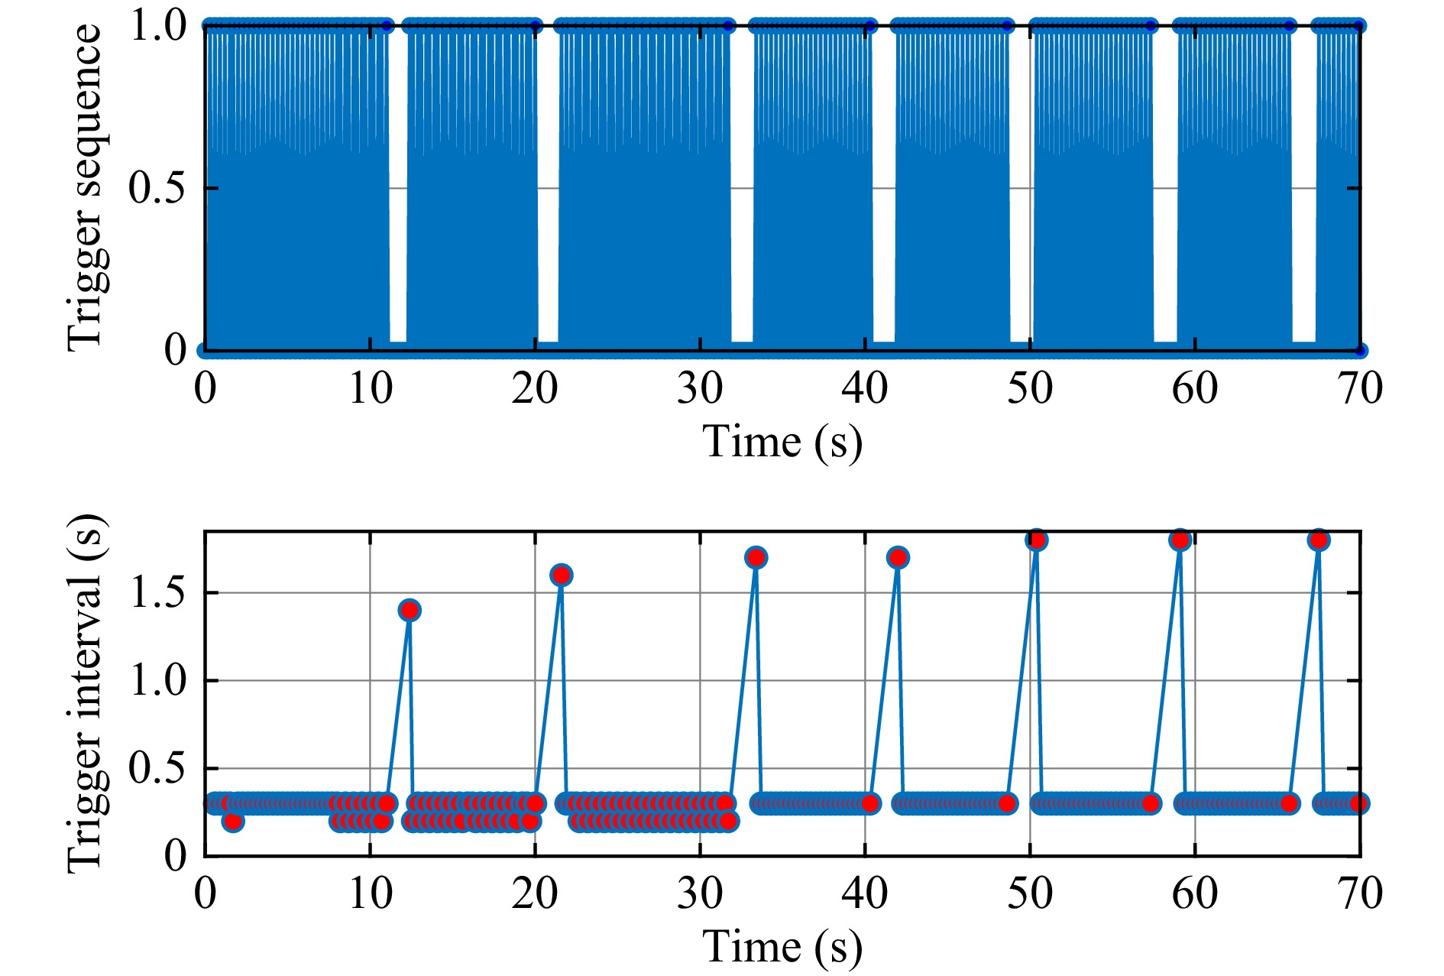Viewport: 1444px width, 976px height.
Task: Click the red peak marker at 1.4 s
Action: pos(410,610)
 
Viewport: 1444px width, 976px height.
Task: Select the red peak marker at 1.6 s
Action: pos(561,575)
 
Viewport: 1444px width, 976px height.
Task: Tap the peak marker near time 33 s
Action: pos(756,557)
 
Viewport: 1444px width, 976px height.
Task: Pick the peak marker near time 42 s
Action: pos(898,557)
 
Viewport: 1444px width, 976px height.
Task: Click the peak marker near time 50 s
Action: pos(1036,540)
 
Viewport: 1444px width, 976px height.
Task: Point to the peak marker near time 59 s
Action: pos(1180,540)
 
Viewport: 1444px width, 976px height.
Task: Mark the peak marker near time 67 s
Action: pos(1318,540)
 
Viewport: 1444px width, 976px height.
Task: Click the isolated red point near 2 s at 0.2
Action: pos(233,821)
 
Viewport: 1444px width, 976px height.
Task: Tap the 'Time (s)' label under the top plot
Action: pos(782,442)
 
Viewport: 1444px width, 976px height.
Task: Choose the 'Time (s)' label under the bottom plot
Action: pos(782,947)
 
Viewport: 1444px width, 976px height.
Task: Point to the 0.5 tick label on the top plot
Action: pos(157,188)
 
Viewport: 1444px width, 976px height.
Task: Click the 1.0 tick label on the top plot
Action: pos(157,26)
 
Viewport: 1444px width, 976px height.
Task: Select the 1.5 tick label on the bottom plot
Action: pos(157,592)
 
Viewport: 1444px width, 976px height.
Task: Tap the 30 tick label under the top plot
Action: pos(700,388)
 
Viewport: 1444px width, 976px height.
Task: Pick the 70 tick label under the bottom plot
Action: pos(1360,893)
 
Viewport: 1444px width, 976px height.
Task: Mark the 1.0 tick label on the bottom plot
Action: pos(157,680)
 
